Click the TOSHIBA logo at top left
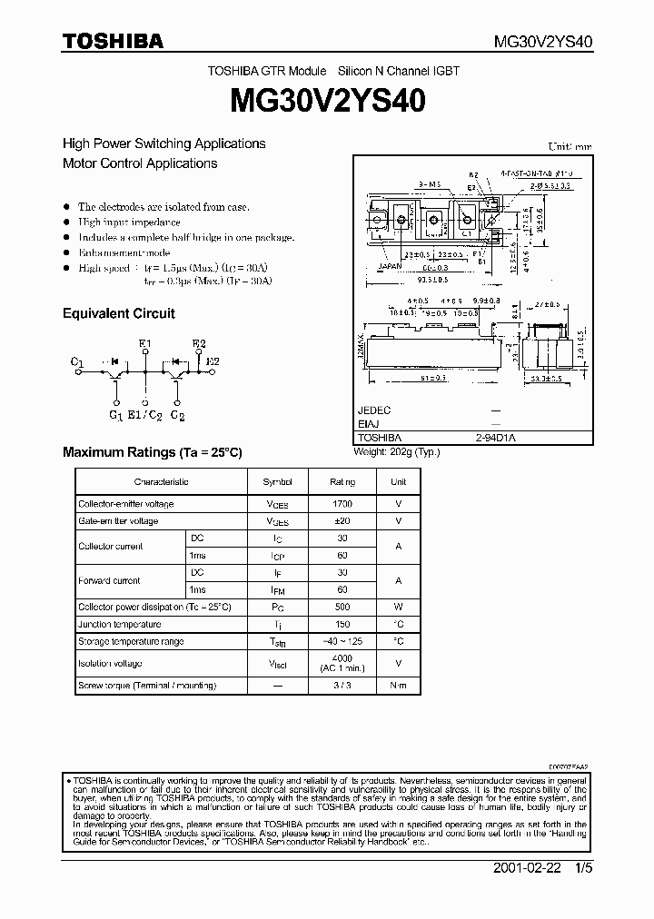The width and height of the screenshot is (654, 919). click(x=113, y=41)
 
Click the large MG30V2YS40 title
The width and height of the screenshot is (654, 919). click(x=326, y=101)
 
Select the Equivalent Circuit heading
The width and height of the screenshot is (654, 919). click(x=118, y=313)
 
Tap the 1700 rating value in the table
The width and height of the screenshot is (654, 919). click(x=342, y=504)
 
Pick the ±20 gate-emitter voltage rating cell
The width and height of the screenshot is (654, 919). click(x=342, y=521)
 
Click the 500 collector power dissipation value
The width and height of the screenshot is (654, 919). click(x=342, y=607)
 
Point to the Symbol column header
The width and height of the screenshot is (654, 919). click(x=278, y=482)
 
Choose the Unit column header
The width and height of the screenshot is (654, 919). click(x=398, y=482)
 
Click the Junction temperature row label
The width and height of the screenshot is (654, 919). click(x=119, y=624)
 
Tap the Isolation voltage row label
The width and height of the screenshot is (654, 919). click(x=110, y=664)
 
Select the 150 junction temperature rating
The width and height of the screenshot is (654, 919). click(x=342, y=624)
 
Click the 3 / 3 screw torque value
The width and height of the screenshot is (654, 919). click(x=342, y=687)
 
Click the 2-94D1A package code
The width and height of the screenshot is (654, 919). click(x=495, y=437)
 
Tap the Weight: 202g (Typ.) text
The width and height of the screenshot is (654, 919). click(x=396, y=451)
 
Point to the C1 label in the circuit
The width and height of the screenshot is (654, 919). click(x=77, y=362)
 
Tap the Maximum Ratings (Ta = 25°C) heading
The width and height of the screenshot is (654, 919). click(x=153, y=452)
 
